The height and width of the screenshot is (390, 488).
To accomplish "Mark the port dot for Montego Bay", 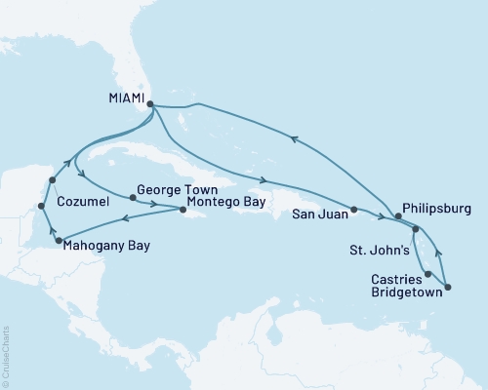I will [183, 209].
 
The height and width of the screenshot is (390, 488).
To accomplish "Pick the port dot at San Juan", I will [353, 210].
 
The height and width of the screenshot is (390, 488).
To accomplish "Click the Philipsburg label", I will [438, 209].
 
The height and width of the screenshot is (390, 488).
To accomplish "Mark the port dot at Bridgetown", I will [448, 287].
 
